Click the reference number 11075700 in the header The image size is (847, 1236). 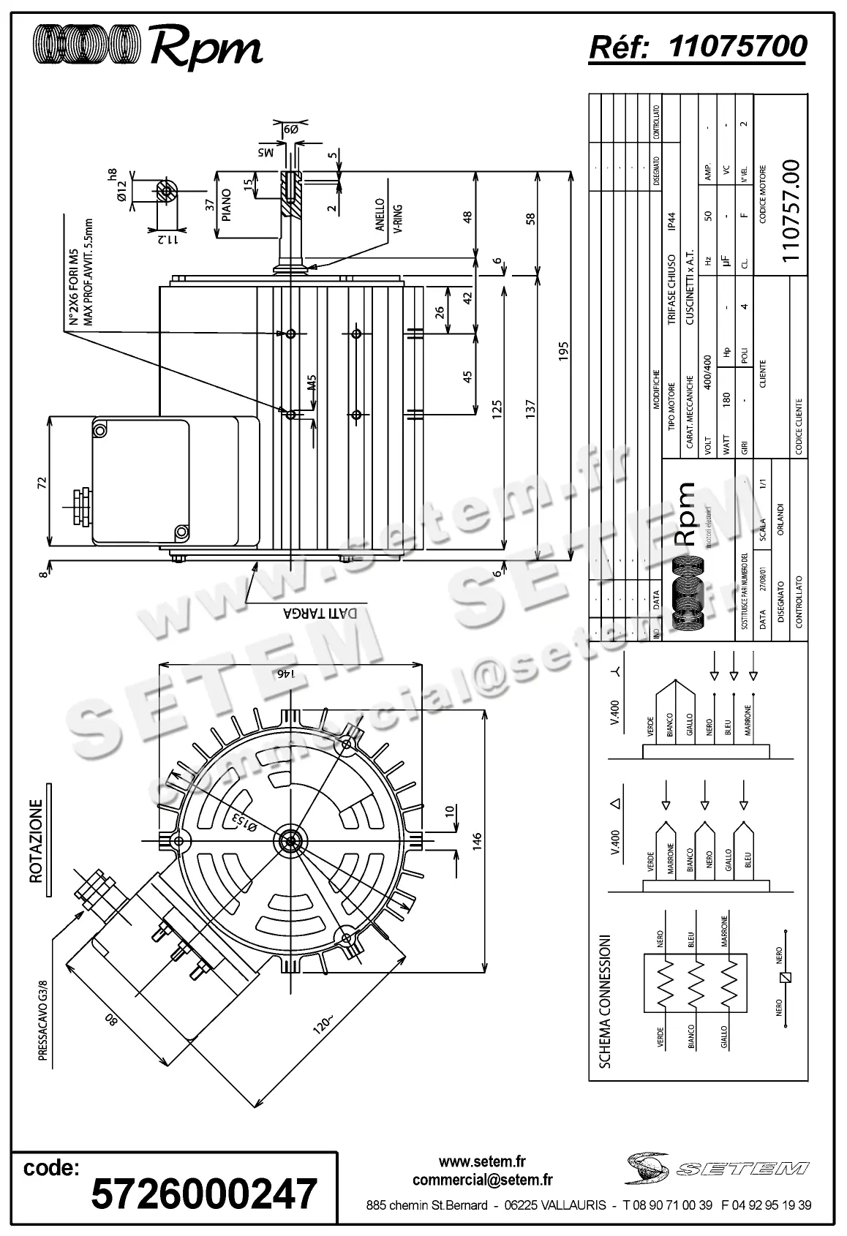coord(737,47)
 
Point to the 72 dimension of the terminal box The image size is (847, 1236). coord(42,483)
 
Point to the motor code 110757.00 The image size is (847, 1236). coord(791,211)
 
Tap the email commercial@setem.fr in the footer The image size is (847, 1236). coord(482,1180)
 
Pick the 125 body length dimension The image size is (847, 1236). coord(497,415)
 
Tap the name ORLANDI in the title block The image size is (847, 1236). coord(781,519)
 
